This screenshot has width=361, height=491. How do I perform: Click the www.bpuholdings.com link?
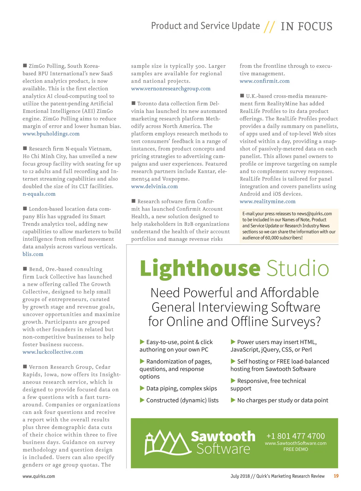51,134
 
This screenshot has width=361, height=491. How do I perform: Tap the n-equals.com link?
39,194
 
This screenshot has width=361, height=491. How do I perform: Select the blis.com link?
33,254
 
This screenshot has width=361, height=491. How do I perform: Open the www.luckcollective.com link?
53,352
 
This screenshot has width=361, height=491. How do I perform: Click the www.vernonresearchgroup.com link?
171,89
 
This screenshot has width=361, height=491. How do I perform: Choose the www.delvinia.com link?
154,186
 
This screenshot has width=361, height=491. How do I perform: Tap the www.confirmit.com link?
264,81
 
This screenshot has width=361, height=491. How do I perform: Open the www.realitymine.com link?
267,201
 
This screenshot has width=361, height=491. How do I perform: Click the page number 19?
336,476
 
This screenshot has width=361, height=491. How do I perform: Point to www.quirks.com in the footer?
39,476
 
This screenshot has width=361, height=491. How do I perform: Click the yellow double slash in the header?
269,27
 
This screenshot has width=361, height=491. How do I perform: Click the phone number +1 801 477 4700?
295,436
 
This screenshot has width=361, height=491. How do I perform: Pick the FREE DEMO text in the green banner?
295,449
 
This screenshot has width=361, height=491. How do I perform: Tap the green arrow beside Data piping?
142,388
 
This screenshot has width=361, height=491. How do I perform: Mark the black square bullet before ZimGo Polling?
25,65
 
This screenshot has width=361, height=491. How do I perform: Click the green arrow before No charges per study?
233,400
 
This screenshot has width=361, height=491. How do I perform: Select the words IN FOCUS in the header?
306,26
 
